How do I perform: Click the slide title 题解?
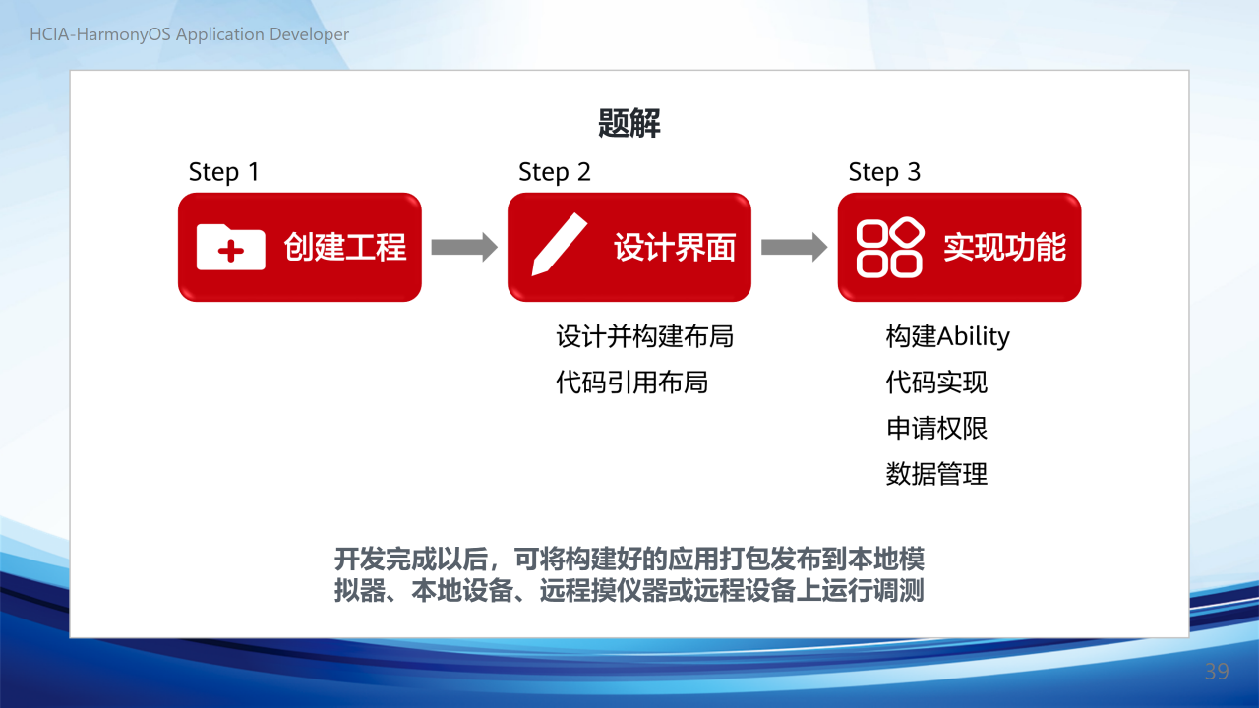tap(629, 123)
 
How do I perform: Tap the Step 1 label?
tap(223, 172)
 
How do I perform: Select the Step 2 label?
tap(554, 172)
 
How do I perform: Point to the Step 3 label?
tap(884, 172)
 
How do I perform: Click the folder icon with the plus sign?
tap(231, 247)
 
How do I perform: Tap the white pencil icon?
tap(560, 245)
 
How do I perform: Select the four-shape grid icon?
tap(890, 247)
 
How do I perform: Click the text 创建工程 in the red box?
tap(344, 247)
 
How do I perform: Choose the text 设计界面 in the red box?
tap(675, 247)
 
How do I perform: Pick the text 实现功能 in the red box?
tap(1004, 247)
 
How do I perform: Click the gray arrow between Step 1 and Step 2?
tap(464, 247)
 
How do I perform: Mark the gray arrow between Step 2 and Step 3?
tap(794, 247)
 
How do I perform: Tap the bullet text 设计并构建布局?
tap(644, 336)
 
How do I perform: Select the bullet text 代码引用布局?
tap(631, 383)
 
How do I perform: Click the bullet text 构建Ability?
tap(947, 336)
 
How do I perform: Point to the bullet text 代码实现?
tap(936, 383)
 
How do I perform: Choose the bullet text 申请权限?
tap(936, 428)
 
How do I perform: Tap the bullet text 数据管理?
tap(936, 474)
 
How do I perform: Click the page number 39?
tap(1217, 672)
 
